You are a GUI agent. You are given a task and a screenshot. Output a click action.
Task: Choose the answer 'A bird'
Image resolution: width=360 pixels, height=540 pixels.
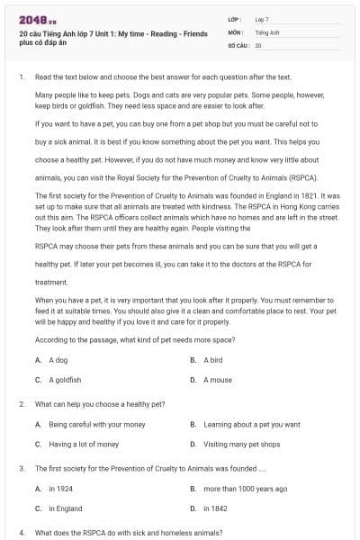point(212,360)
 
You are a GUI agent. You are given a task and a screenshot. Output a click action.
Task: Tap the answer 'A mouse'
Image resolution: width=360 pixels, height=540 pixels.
point(217,380)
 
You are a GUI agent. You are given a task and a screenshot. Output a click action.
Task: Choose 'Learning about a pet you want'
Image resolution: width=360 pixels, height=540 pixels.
point(252,424)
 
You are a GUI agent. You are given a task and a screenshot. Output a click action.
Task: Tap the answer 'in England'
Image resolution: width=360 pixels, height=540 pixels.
point(66,508)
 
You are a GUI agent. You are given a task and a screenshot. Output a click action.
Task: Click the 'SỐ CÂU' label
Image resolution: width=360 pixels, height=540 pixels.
point(238,44)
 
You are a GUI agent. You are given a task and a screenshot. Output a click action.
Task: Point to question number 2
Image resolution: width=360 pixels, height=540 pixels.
point(21,404)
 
